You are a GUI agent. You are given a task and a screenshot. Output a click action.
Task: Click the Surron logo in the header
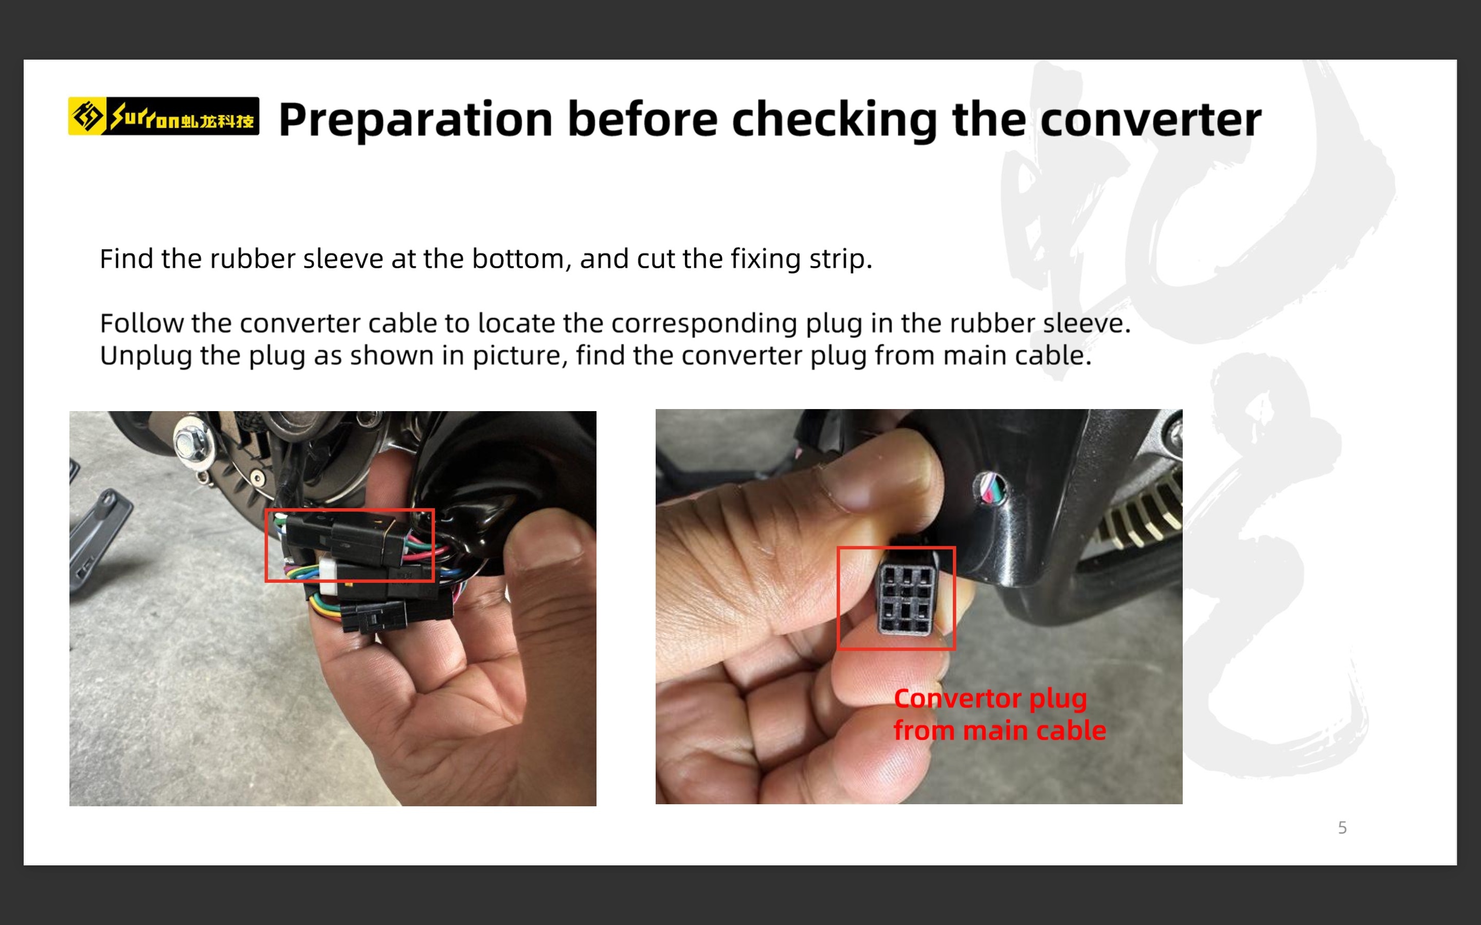pyautogui.click(x=164, y=116)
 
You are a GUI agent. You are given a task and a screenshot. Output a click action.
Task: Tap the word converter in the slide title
pyautogui.click(x=1150, y=120)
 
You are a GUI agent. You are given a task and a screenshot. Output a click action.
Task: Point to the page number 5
pyautogui.click(x=1342, y=828)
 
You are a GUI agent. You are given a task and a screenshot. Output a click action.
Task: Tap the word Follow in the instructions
pyautogui.click(x=142, y=323)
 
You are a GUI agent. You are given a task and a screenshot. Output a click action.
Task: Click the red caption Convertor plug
pyautogui.click(x=990, y=699)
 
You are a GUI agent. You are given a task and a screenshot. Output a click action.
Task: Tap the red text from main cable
pyautogui.click(x=999, y=730)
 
